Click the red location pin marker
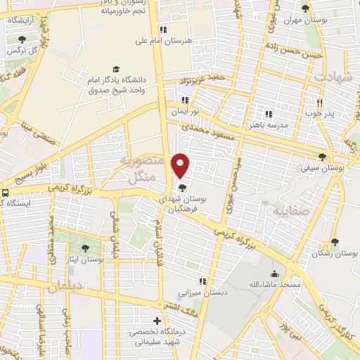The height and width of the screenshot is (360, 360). (181, 165)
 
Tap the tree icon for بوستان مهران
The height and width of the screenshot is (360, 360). (304, 9)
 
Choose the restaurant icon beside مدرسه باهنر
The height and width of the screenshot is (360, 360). (268, 114)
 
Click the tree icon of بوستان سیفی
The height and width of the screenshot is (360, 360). (322, 157)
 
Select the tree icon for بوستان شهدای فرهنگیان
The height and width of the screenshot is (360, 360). (183, 188)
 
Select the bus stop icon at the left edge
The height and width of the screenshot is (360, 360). (5, 192)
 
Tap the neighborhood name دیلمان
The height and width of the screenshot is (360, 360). (65, 287)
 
